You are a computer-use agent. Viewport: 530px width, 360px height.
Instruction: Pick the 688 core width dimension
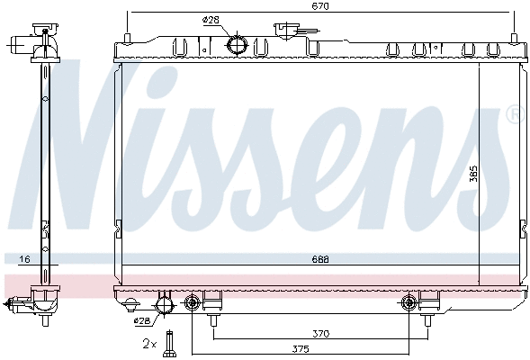[x=321, y=260]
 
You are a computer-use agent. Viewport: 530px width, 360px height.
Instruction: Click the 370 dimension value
[x=321, y=334]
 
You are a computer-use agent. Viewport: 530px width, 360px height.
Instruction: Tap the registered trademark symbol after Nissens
[x=514, y=114]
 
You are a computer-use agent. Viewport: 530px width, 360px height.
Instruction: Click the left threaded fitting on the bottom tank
[x=192, y=303]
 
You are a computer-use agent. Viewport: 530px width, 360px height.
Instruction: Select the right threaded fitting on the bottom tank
[x=410, y=303]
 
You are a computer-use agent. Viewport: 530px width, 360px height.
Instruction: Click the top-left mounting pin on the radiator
[x=128, y=38]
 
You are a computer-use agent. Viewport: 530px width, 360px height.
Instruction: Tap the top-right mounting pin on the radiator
[x=514, y=38]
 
